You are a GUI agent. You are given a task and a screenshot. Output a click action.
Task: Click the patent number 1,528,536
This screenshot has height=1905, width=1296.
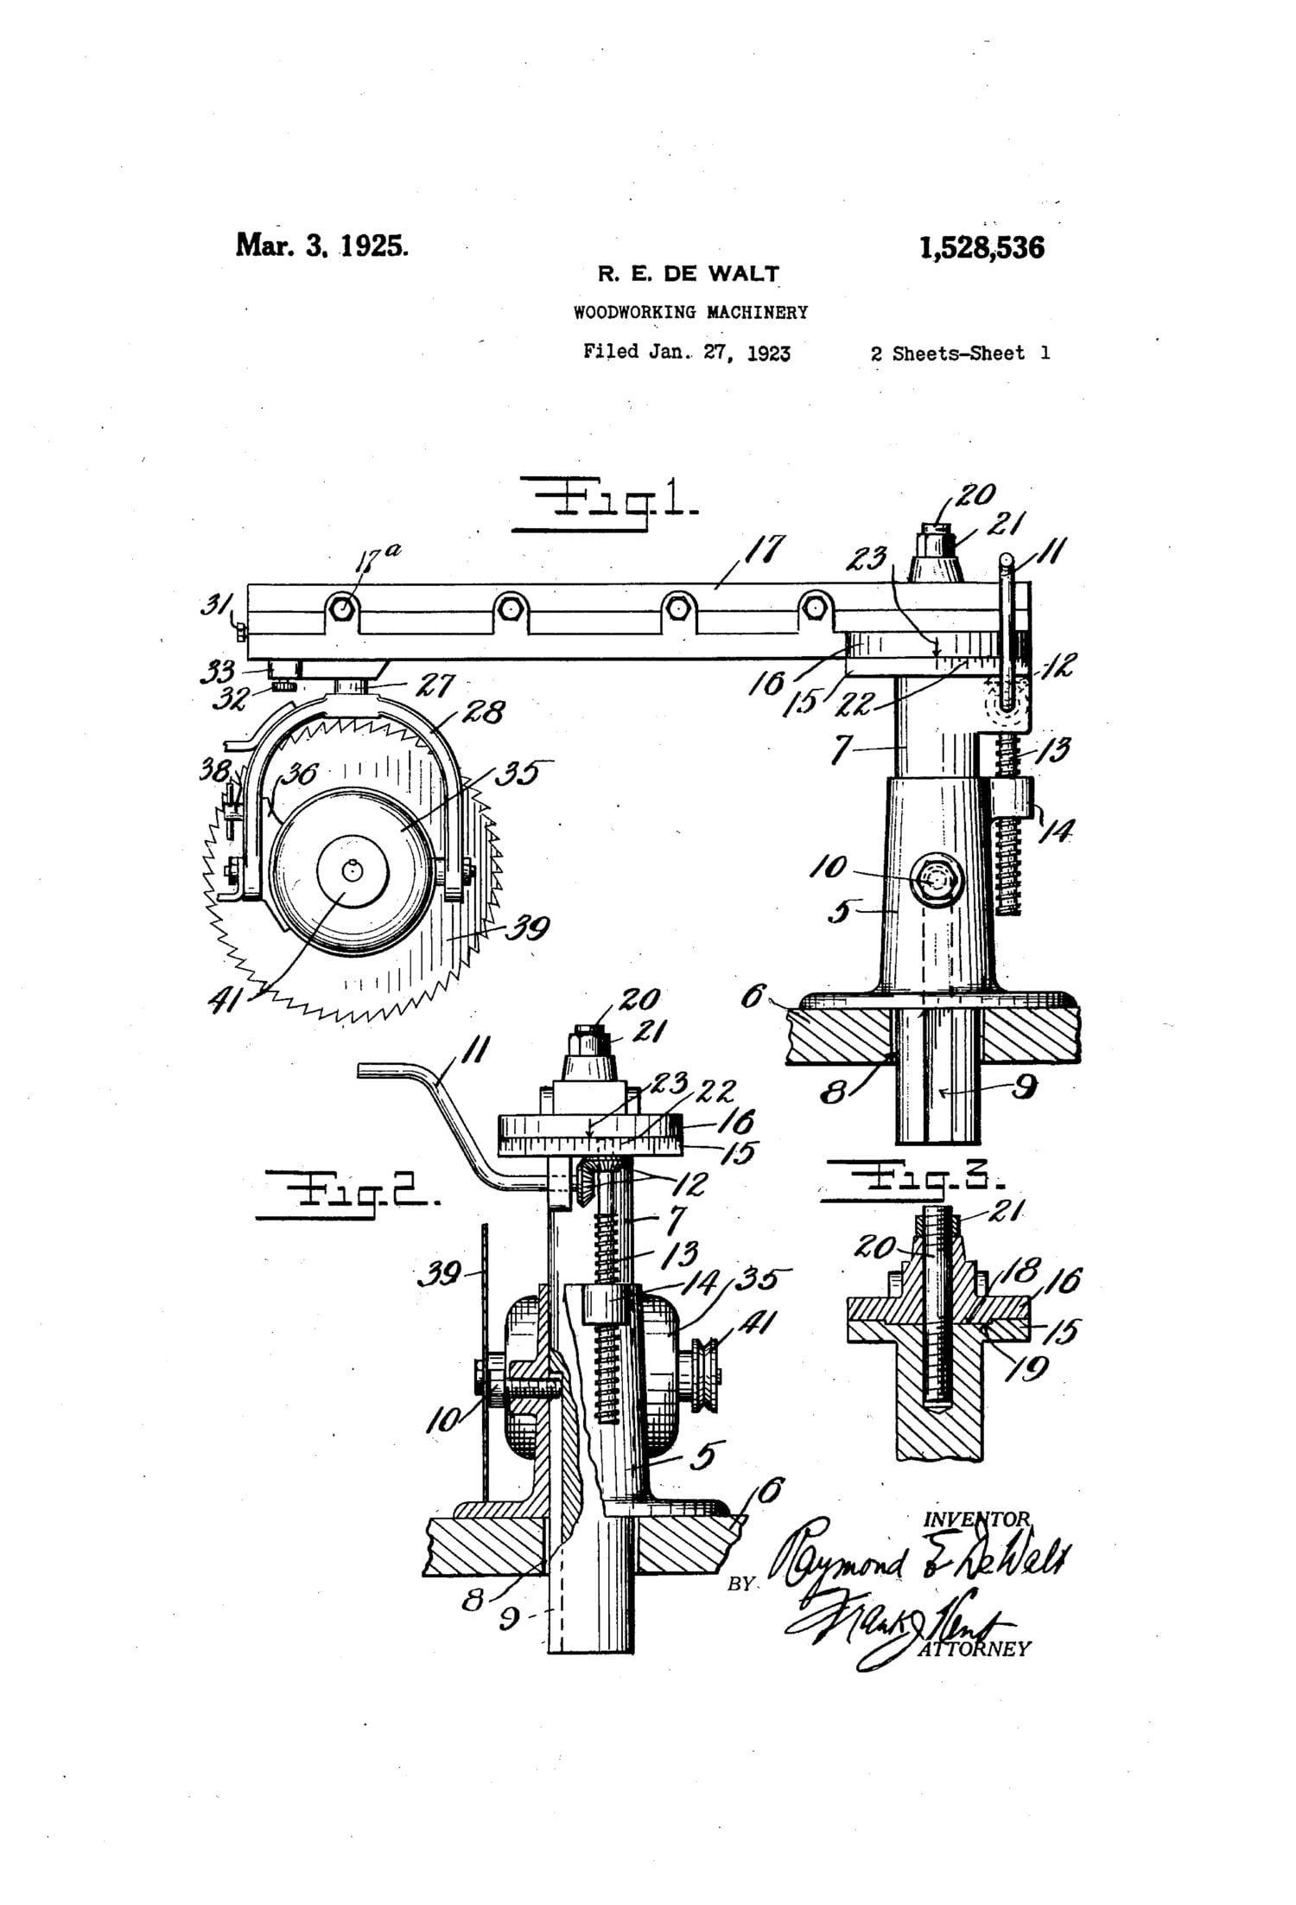pyautogui.click(x=982, y=248)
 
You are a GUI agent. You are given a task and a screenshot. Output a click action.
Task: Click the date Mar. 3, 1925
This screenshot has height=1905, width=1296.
pyautogui.click(x=322, y=245)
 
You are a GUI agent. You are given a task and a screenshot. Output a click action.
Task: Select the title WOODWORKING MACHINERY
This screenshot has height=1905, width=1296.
pyautogui.click(x=690, y=313)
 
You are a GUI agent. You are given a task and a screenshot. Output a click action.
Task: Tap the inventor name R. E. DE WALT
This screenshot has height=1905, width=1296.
pyautogui.click(x=689, y=275)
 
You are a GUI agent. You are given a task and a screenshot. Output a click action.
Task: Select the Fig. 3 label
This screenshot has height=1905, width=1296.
pyautogui.click(x=917, y=1179)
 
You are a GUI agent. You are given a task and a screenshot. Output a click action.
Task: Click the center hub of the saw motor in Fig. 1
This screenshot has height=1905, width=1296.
pyautogui.click(x=351, y=871)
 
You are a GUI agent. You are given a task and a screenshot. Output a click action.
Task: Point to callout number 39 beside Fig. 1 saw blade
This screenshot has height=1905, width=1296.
pyautogui.click(x=527, y=928)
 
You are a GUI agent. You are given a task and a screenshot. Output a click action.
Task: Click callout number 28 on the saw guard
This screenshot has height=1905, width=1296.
pyautogui.click(x=484, y=713)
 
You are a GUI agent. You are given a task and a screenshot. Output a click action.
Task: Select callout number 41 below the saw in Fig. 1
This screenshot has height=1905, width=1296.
pyautogui.click(x=227, y=1002)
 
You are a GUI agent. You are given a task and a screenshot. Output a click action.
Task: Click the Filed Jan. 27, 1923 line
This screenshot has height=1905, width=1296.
pyautogui.click(x=687, y=353)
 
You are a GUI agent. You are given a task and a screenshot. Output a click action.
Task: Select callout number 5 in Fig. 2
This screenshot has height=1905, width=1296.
pyautogui.click(x=705, y=1456)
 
